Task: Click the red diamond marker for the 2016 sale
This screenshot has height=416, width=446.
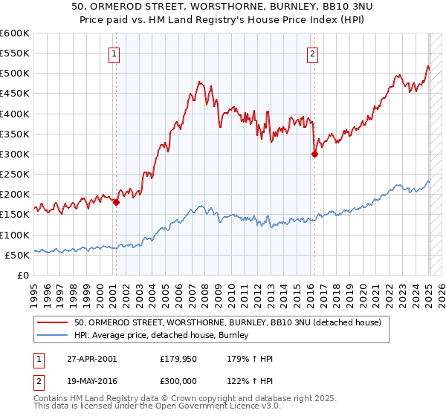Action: coord(314,155)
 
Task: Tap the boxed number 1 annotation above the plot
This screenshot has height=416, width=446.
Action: coord(114,53)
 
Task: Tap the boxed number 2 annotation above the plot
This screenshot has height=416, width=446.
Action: coord(313,53)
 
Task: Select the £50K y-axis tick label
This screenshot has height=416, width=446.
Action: coord(18,255)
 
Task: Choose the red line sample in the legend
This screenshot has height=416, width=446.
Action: coord(52,322)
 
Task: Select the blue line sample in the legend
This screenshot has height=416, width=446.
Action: coord(52,336)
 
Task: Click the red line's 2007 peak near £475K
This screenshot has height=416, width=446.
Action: coord(200,82)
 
